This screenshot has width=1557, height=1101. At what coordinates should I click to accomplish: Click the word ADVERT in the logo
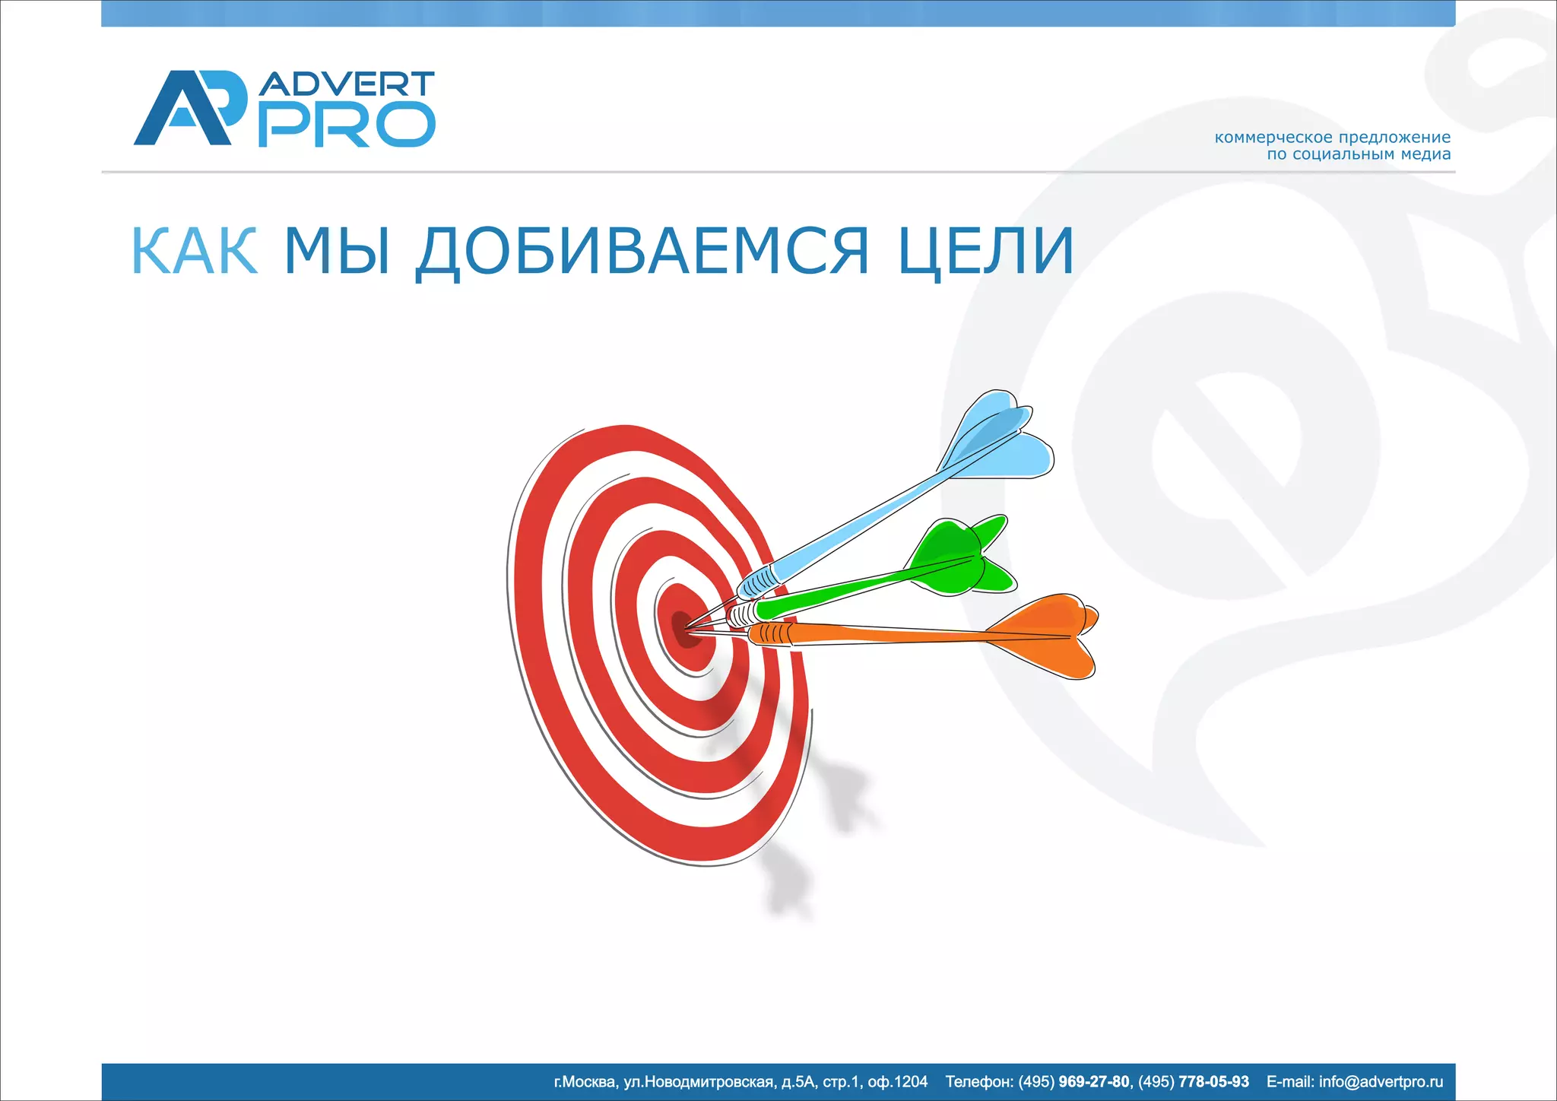(347, 84)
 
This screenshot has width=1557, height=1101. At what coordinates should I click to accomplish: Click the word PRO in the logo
(347, 125)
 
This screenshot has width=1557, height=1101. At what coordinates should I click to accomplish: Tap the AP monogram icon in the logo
(190, 108)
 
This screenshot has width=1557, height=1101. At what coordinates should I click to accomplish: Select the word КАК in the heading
(195, 251)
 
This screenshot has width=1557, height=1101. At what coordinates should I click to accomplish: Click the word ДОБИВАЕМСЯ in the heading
(642, 251)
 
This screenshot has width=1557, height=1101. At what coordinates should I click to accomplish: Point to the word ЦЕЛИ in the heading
(986, 251)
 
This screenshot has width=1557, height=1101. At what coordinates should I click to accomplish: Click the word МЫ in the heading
(338, 251)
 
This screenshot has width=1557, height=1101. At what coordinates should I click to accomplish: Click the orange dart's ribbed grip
(772, 633)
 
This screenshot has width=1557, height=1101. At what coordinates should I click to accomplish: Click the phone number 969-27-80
(1094, 1082)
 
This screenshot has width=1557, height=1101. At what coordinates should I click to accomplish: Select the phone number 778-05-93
(1213, 1082)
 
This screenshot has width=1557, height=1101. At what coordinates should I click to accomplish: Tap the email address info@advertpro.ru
(1381, 1082)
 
